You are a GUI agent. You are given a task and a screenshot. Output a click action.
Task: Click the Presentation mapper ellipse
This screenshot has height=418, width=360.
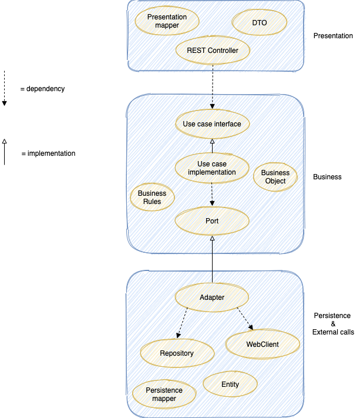click(x=167, y=21)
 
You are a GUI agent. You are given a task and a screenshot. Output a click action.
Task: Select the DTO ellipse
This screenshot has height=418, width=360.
click(x=260, y=22)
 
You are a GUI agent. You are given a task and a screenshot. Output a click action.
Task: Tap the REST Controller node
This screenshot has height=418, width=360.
click(x=212, y=51)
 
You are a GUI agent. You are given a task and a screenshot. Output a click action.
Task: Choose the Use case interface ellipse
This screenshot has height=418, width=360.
click(x=211, y=124)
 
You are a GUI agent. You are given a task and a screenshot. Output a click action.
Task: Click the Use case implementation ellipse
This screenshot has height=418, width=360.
click(x=211, y=168)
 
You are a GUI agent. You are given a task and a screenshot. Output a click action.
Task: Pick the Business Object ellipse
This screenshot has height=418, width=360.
click(x=275, y=177)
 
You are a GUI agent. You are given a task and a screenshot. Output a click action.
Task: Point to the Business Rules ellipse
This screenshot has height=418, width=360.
click(x=152, y=198)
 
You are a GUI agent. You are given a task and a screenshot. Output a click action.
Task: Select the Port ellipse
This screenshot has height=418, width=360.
click(x=212, y=221)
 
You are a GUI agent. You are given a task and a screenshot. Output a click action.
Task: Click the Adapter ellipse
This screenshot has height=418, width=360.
click(x=212, y=297)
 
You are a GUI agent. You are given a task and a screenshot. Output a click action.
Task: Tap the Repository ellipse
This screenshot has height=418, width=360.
click(x=176, y=353)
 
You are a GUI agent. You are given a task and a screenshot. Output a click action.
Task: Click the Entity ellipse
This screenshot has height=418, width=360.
click(x=230, y=384)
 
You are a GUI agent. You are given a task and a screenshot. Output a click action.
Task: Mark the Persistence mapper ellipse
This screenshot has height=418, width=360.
click(x=164, y=394)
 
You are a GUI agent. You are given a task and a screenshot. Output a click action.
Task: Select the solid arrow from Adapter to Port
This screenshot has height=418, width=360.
click(x=212, y=259)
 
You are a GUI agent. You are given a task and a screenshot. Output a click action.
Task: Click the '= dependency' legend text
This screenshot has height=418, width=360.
click(x=42, y=89)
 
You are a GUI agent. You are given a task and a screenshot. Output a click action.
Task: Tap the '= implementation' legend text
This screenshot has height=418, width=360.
click(x=48, y=153)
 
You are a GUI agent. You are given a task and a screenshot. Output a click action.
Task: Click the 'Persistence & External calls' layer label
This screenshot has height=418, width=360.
click(x=333, y=324)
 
